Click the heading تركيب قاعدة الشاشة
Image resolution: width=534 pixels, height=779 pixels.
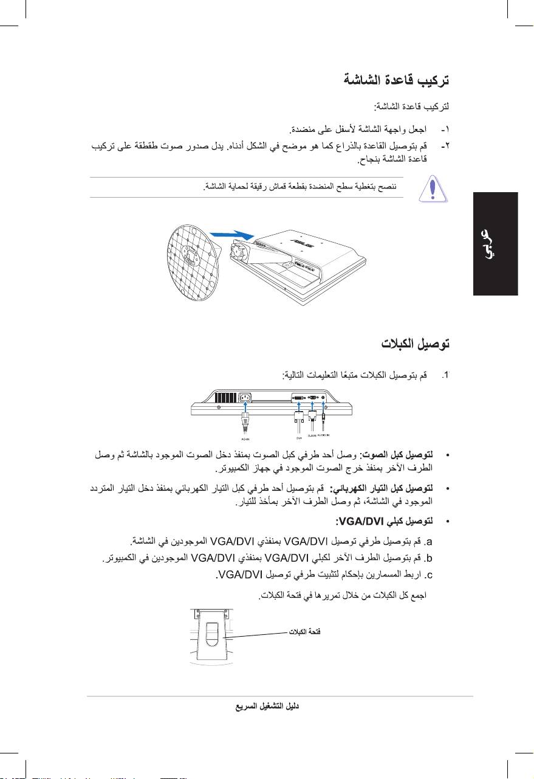click(395, 80)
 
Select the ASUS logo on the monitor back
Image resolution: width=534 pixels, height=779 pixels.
click(301, 243)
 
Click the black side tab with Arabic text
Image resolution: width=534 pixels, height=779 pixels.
click(495, 243)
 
